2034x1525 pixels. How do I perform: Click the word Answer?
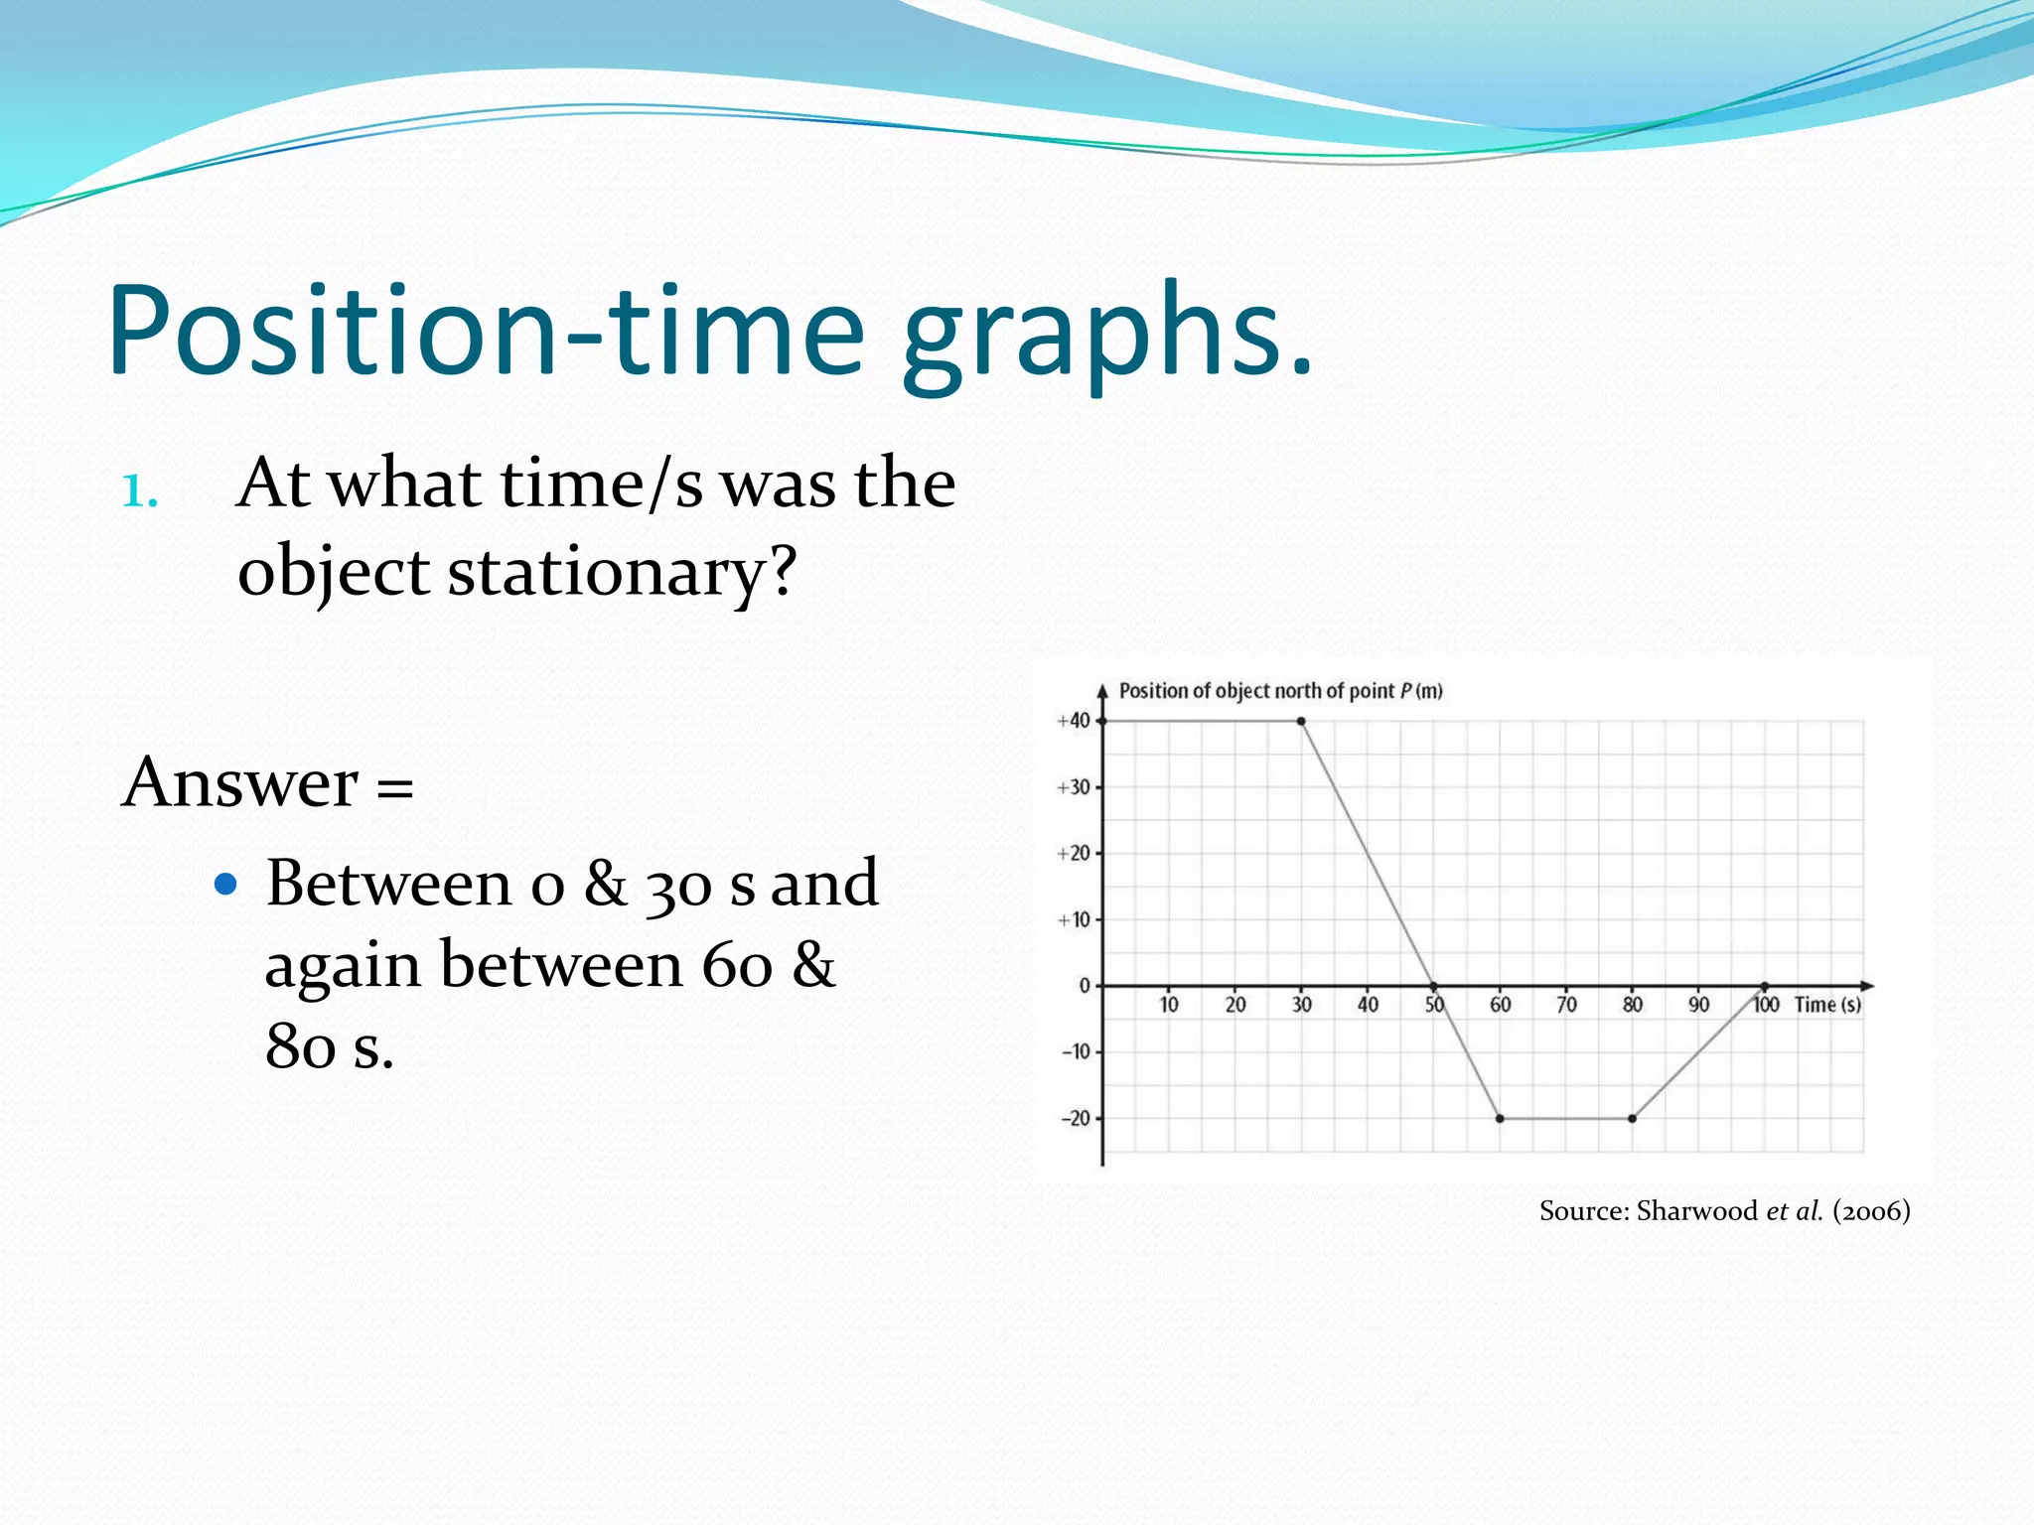tap(239, 782)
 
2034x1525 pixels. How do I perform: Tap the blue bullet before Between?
tap(226, 883)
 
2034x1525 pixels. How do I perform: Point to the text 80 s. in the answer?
tap(329, 1045)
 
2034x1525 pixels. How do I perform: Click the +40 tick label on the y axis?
tap(1073, 721)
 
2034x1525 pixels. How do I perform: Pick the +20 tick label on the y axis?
tap(1073, 854)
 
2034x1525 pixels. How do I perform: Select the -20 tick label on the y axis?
tap(1075, 1119)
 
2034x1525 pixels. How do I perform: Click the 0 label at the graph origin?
tap(1085, 986)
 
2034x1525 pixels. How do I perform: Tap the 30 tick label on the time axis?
tap(1301, 1005)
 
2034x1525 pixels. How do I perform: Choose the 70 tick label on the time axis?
tap(1566, 1005)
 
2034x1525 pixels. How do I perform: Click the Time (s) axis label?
tap(1827, 1005)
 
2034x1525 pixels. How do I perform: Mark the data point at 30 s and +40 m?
tap(1301, 721)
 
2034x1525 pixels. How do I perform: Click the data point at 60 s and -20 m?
tap(1500, 1119)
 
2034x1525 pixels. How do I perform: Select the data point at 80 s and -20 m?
tap(1632, 1119)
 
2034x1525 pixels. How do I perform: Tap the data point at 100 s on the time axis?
tap(1765, 986)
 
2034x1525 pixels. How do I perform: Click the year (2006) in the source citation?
tap(1871, 1211)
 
